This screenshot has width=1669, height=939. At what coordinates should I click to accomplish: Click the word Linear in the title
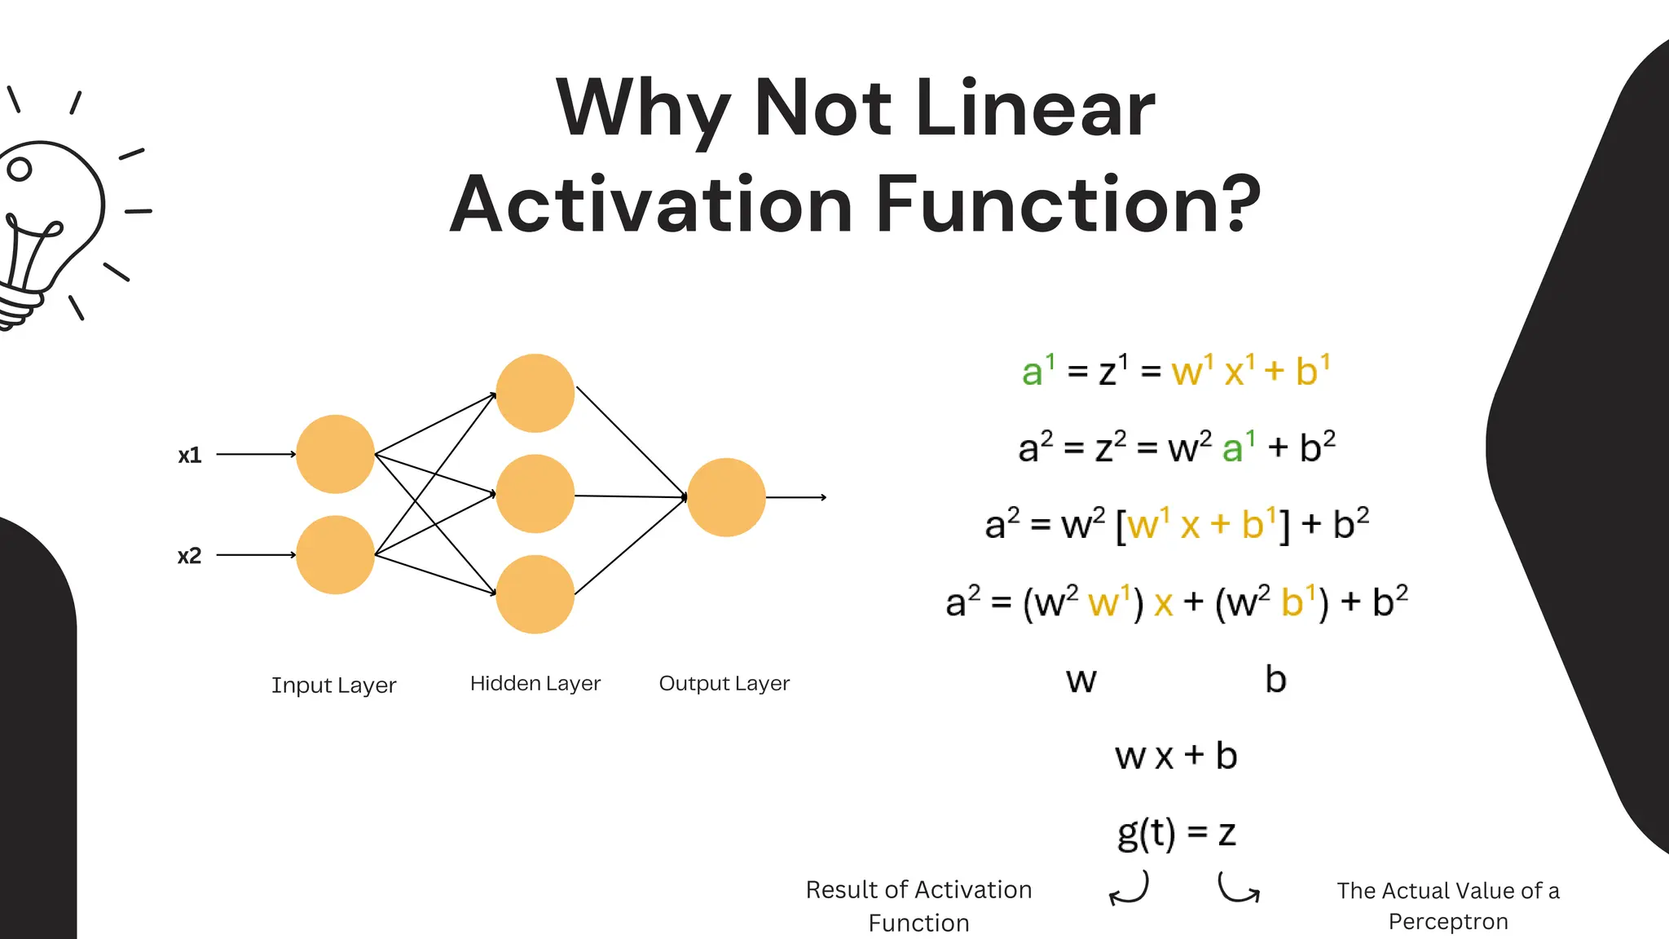tap(1035, 108)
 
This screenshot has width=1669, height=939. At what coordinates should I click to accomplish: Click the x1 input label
tap(190, 455)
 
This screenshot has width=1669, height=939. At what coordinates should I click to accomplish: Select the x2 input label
tap(189, 556)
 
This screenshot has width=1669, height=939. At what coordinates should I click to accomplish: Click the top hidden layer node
tap(535, 393)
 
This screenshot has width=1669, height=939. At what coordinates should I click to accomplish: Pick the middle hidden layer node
tap(535, 494)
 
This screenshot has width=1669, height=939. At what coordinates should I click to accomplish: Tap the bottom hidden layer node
tap(535, 594)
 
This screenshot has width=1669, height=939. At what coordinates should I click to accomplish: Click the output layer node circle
tap(726, 497)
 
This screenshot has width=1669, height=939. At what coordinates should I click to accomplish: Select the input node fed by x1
tap(335, 454)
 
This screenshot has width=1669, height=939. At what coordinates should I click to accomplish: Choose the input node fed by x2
tap(335, 555)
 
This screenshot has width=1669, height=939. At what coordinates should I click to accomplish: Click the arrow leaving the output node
tap(797, 497)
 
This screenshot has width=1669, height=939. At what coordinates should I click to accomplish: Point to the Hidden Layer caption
tap(535, 683)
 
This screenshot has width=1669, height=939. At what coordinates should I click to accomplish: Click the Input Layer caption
tap(333, 686)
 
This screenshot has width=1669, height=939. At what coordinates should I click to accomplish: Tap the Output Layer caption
tap(724, 683)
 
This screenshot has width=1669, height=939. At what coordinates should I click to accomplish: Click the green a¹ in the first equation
tap(1037, 371)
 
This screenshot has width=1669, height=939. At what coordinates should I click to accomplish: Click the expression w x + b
tap(1176, 756)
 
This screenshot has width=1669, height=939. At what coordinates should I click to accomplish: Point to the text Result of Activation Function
tap(918, 906)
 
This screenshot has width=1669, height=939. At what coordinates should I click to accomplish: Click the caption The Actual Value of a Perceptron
tap(1447, 906)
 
